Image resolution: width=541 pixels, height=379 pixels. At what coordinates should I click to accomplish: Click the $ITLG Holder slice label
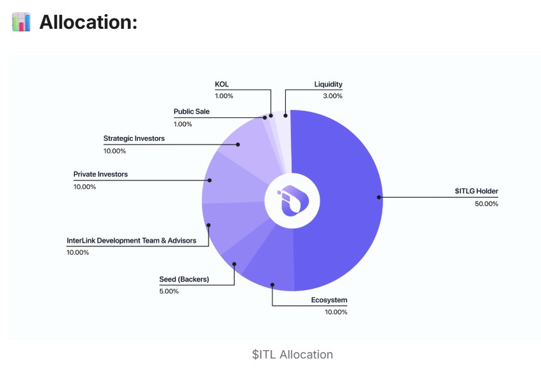coord(476,191)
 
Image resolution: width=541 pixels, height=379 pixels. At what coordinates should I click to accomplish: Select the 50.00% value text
coord(485,204)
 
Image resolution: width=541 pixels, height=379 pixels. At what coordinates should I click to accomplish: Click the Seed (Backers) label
coord(184,279)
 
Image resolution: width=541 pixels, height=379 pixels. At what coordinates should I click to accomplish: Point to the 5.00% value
coord(169,291)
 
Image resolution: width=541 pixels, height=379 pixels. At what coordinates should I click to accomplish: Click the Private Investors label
coord(100,174)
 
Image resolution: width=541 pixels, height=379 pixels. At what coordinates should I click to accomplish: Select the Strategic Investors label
coord(134,138)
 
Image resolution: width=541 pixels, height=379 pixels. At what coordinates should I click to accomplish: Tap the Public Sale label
coord(191,111)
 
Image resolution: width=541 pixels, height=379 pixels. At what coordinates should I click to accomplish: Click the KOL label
coord(222,84)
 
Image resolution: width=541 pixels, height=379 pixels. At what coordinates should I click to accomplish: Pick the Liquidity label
coord(328,84)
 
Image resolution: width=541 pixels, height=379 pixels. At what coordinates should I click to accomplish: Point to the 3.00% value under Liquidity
coord(332,96)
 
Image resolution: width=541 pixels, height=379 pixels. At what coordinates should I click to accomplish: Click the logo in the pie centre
coord(292,200)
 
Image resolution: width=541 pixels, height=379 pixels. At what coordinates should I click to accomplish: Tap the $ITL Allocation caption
coord(292,355)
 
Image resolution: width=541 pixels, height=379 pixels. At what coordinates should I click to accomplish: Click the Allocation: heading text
coord(88,22)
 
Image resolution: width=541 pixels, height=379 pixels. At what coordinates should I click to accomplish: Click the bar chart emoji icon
coord(20,22)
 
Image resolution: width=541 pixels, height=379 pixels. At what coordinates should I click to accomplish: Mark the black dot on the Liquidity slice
coord(285,116)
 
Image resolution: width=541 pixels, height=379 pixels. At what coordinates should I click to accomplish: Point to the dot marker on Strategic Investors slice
coord(238,144)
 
